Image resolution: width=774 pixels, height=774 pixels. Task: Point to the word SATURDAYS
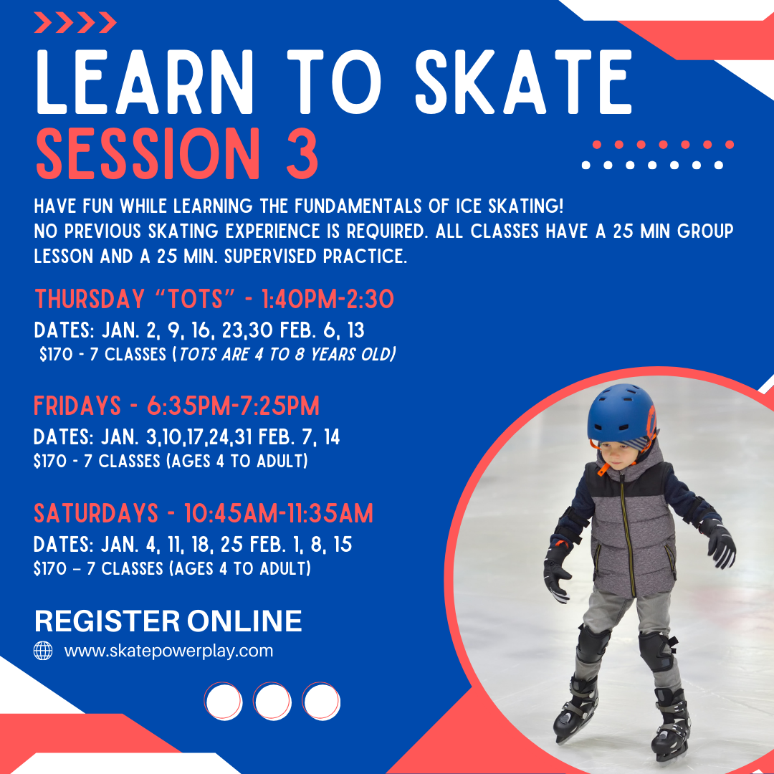click(x=96, y=514)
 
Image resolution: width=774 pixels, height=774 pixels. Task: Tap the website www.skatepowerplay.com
click(x=168, y=651)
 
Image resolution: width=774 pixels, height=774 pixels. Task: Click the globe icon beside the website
click(x=44, y=651)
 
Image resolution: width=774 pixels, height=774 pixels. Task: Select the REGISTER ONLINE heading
click(x=168, y=621)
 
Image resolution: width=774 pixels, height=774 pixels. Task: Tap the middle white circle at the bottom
click(x=272, y=702)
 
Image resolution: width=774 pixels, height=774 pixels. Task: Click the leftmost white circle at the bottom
click(x=224, y=702)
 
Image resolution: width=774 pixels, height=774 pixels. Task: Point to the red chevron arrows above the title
click(x=75, y=23)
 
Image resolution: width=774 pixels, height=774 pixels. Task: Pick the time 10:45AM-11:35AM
click(x=278, y=514)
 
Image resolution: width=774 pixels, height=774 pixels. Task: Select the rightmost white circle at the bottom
click(x=321, y=702)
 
